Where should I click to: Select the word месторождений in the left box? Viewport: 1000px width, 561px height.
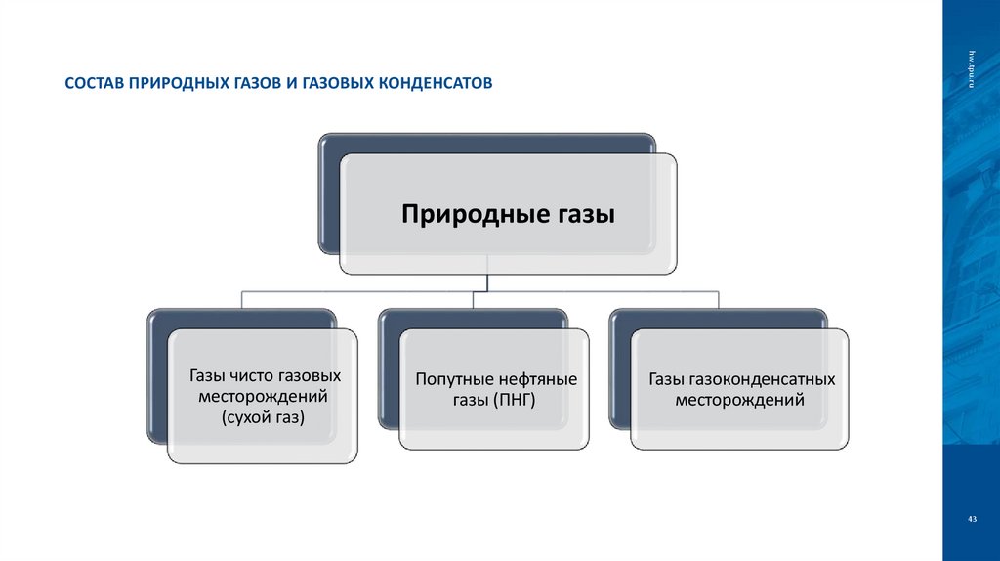263,397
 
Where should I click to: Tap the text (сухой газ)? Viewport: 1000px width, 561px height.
263,418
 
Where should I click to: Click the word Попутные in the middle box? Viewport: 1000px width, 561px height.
450,379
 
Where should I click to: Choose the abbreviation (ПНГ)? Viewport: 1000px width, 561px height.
516,401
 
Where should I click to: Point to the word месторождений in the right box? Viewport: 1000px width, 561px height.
739,400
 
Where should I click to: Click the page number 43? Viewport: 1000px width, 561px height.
972,519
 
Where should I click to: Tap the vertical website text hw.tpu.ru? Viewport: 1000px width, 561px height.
972,69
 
